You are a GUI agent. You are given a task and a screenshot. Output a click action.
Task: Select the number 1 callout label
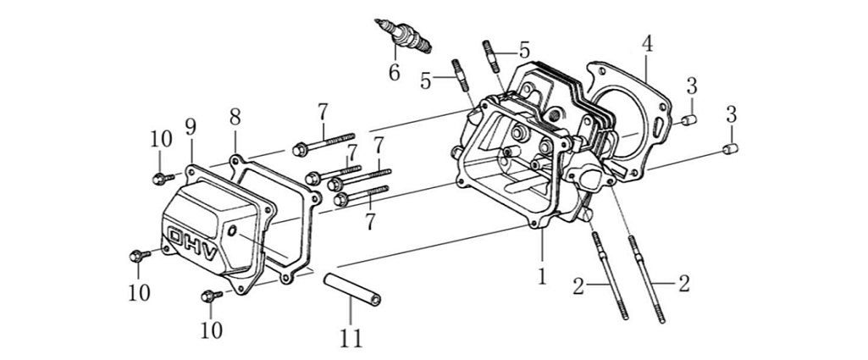(542, 275)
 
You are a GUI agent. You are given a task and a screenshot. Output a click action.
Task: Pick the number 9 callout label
(191, 127)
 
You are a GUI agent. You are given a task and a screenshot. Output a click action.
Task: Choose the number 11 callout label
(351, 338)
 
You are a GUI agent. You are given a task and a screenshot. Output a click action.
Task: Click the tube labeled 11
(350, 289)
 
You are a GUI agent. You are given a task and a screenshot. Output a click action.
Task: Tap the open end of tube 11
(373, 301)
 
